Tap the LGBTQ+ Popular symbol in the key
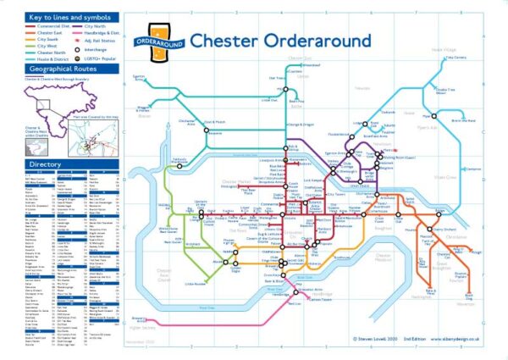coord(80,58)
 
